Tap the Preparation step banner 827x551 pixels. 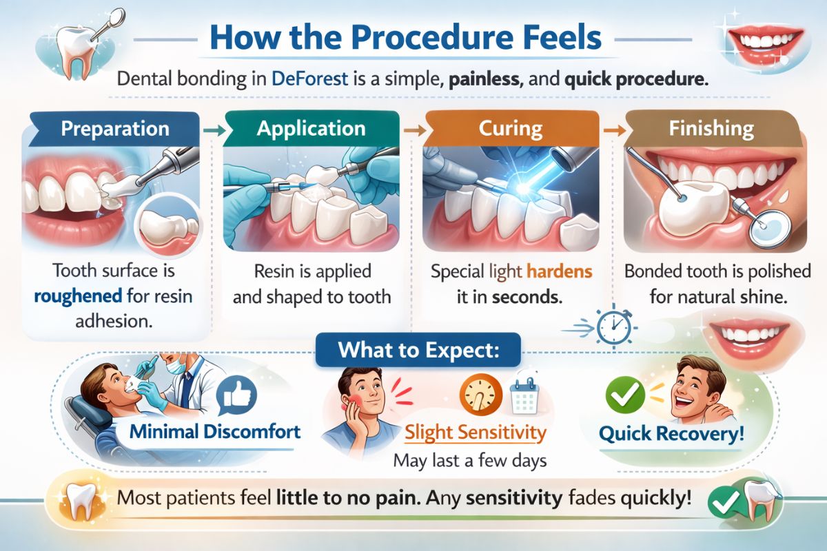click(114, 129)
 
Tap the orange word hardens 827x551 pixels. click(560, 271)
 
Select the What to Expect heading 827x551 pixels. click(418, 351)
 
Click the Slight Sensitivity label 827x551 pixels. click(476, 433)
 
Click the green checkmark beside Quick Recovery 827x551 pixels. click(624, 395)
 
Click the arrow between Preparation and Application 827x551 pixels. click(212, 129)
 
